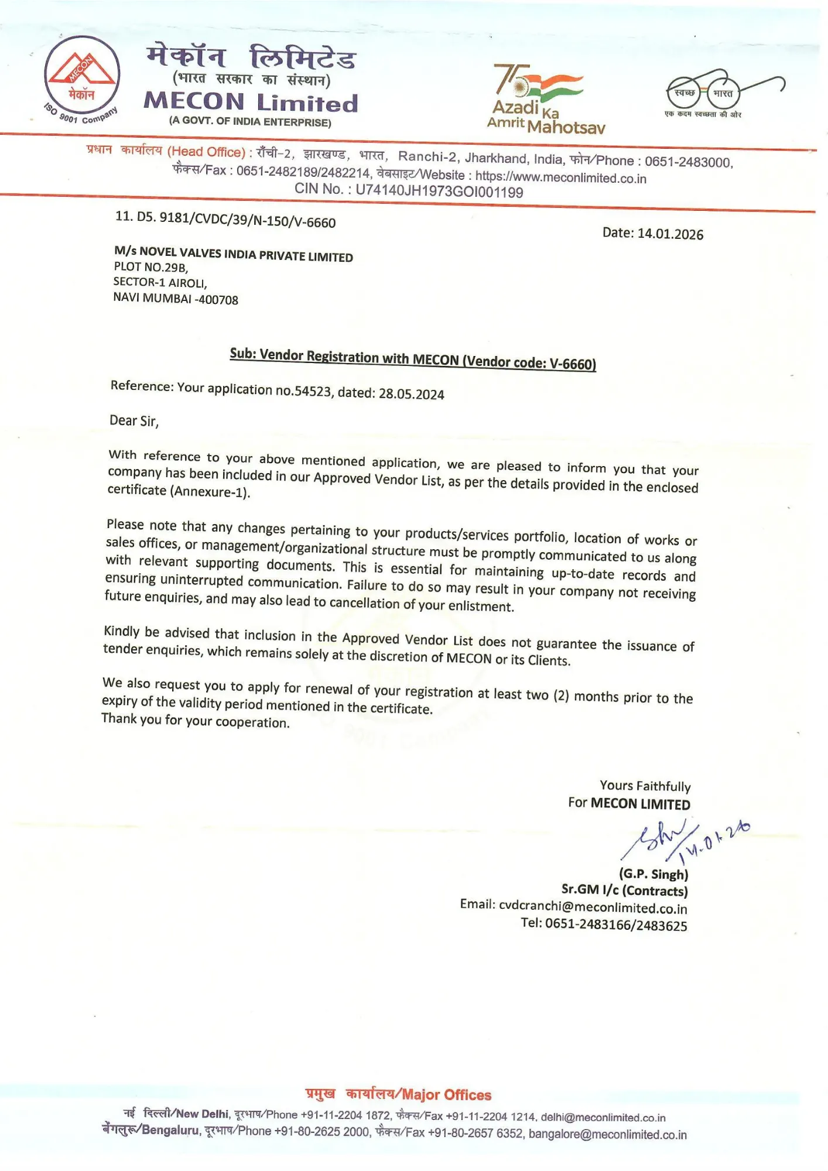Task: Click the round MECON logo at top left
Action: (x=82, y=80)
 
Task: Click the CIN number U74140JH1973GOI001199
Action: (x=439, y=191)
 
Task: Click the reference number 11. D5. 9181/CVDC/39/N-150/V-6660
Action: (x=225, y=220)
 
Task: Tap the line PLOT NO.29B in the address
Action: (x=150, y=268)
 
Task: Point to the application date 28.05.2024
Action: (x=411, y=394)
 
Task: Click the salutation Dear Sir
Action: (x=134, y=421)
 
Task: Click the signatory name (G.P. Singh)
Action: (x=653, y=874)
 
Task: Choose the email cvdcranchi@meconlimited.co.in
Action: (x=593, y=907)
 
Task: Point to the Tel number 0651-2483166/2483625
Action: (x=615, y=925)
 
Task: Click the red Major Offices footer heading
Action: (x=398, y=1094)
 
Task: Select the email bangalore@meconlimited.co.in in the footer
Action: (x=607, y=1134)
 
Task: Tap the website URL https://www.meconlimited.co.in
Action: (x=560, y=177)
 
